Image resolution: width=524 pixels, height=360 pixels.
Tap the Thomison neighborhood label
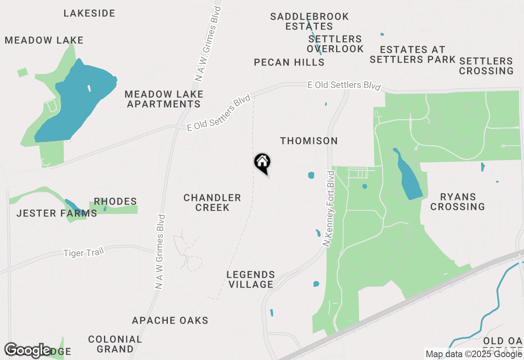tap(309, 141)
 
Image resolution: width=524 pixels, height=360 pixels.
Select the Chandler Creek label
tap(212, 202)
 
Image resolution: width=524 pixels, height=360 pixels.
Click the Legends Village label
tap(251, 279)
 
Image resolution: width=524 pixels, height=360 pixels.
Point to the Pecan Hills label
tap(289, 63)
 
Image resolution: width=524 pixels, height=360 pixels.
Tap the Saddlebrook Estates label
tap(309, 21)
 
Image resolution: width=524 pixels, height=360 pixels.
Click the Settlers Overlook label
tap(335, 44)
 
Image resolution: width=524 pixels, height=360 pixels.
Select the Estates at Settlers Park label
tap(413, 54)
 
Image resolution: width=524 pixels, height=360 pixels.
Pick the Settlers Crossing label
tap(486, 66)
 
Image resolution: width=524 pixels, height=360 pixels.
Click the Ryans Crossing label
tap(458, 202)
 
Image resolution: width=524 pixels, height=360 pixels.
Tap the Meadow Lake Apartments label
tap(164, 99)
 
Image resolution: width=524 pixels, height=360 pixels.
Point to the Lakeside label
tap(89, 13)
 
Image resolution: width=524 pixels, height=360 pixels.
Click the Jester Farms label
tap(56, 213)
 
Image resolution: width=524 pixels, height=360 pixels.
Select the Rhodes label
tap(115, 201)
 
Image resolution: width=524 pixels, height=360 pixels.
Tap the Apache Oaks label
tap(170, 320)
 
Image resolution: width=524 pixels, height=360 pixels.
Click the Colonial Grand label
tap(115, 344)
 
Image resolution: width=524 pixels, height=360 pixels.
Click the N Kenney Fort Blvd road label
tap(329, 209)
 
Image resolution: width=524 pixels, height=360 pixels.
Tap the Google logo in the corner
tap(28, 350)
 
